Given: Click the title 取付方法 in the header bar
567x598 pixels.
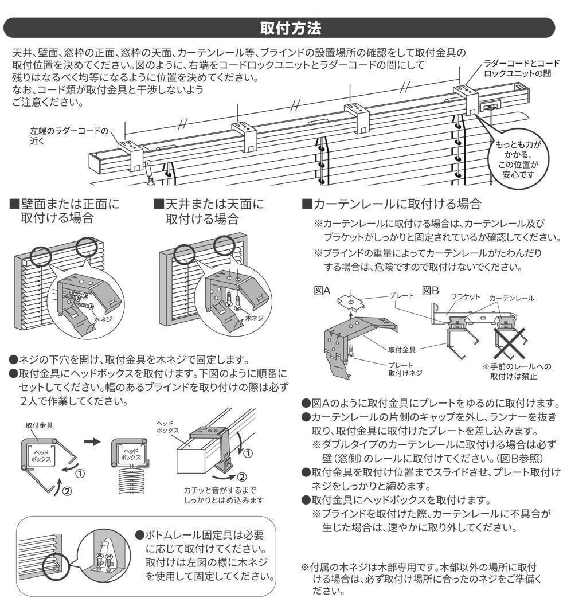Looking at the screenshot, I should [x=283, y=28].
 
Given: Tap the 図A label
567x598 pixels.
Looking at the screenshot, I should [x=322, y=291].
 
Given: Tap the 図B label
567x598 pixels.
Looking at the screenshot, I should [x=431, y=291].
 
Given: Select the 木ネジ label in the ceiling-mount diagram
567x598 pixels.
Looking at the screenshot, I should [x=253, y=317].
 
